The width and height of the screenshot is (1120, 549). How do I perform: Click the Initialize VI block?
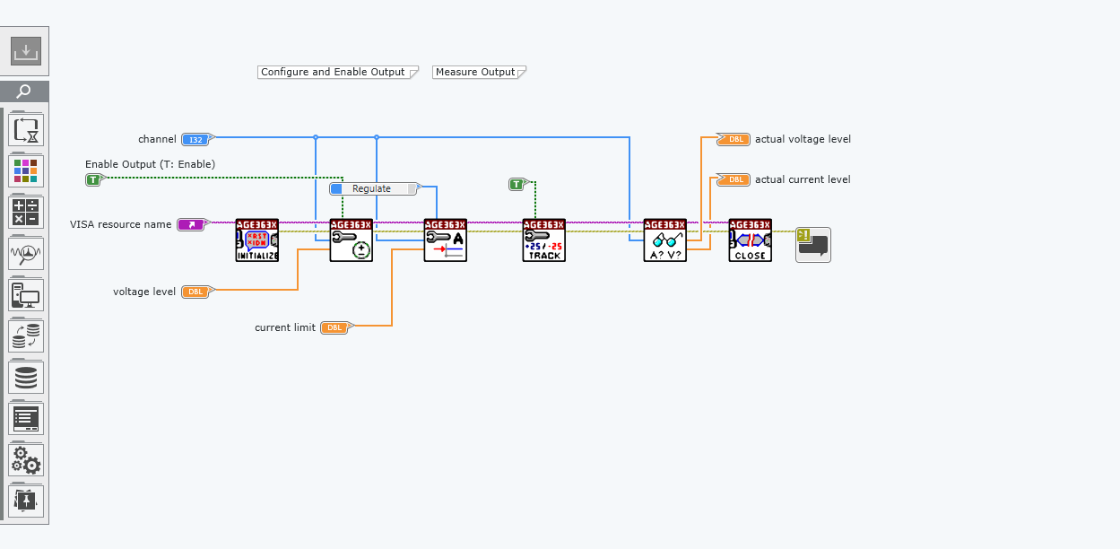pyautogui.click(x=257, y=240)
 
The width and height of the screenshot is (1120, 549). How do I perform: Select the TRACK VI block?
pyautogui.click(x=544, y=240)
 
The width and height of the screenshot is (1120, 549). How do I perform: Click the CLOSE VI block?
pyautogui.click(x=751, y=240)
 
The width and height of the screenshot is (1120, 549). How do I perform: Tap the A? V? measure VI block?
pyautogui.click(x=665, y=240)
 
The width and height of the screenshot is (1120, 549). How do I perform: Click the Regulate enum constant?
pyautogui.click(x=374, y=188)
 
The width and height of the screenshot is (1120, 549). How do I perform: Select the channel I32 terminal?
pyautogui.click(x=195, y=139)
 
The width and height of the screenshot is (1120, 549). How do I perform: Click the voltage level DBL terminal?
pyautogui.click(x=195, y=292)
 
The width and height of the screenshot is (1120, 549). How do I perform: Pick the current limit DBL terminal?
pyautogui.click(x=334, y=327)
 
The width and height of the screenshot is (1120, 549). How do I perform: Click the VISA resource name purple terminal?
pyautogui.click(x=192, y=224)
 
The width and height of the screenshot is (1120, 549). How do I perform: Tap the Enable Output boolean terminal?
pyautogui.click(x=94, y=179)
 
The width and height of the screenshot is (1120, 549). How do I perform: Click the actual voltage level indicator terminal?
pyautogui.click(x=734, y=139)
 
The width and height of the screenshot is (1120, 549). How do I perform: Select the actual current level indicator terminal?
pyautogui.click(x=734, y=179)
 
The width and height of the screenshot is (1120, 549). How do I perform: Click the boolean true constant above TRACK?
pyautogui.click(x=517, y=184)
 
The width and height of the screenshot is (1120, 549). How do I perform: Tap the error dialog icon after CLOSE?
pyautogui.click(x=813, y=245)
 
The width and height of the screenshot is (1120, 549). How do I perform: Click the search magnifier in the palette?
pyautogui.click(x=25, y=91)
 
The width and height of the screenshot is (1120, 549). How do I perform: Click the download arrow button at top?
pyautogui.click(x=26, y=51)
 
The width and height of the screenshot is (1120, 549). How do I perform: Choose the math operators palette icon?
pyautogui.click(x=26, y=212)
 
